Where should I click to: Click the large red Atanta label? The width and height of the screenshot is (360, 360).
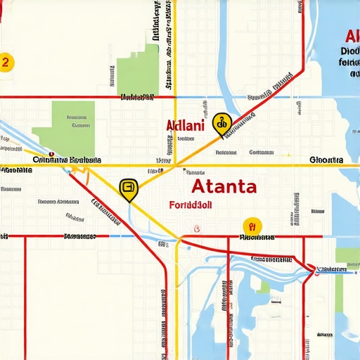click(x=224, y=186)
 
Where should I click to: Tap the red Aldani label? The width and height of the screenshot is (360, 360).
click(x=185, y=126)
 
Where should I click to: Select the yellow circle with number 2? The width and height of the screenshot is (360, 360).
click(x=6, y=62)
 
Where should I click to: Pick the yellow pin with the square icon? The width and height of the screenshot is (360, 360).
click(x=129, y=188)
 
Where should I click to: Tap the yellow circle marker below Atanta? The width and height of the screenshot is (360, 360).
click(x=252, y=226)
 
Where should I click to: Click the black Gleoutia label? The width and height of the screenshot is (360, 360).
click(x=326, y=160)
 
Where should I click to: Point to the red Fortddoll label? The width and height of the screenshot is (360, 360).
click(x=191, y=206)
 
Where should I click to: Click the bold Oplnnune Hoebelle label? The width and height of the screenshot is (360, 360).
click(x=67, y=160)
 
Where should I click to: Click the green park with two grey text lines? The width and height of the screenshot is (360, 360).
click(x=73, y=119)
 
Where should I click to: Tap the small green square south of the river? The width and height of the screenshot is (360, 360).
click(x=264, y=287)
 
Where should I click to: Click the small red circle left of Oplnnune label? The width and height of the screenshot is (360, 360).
click(x=51, y=153)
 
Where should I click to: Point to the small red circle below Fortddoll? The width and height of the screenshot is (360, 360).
click(x=197, y=227)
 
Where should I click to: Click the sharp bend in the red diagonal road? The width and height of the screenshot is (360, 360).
click(x=303, y=70)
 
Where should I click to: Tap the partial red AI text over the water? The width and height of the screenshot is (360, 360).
click(x=350, y=37)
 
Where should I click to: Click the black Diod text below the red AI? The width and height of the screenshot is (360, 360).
click(x=349, y=51)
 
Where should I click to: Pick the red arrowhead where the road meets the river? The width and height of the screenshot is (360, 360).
click(x=312, y=268)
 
